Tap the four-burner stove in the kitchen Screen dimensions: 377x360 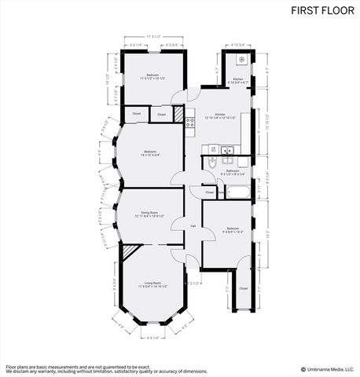(189, 121)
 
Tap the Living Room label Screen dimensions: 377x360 (152, 282)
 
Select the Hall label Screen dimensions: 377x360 (193, 226)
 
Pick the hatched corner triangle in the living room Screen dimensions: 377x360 (129, 251)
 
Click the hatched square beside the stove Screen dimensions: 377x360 (179, 115)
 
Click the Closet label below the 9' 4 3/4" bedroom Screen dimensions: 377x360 (243, 288)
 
